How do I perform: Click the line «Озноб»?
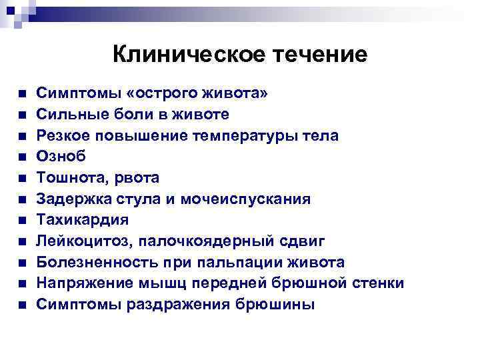pyautogui.click(x=61, y=156)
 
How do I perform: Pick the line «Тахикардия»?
pyautogui.click(x=82, y=219)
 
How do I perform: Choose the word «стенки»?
pyautogui.click(x=375, y=283)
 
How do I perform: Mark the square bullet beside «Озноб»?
pyautogui.click(x=22, y=157)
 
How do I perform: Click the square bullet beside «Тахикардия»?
pyautogui.click(x=22, y=220)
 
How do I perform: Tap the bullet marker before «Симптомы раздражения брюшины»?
pyautogui.click(x=22, y=305)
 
